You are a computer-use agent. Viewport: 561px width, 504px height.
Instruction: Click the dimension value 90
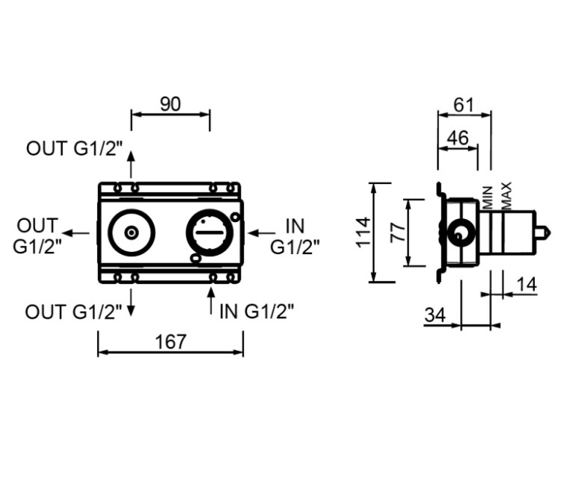tap(171, 105)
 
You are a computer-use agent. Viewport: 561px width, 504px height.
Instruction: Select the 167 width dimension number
tap(171, 342)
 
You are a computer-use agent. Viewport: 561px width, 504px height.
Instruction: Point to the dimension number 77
tap(398, 233)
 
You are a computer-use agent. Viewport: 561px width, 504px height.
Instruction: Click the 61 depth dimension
tap(465, 105)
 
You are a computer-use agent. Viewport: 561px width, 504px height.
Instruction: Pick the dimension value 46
tap(457, 138)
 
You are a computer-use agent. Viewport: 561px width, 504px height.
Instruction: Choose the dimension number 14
tap(527, 284)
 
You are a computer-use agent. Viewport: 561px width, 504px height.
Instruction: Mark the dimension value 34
tap(435, 315)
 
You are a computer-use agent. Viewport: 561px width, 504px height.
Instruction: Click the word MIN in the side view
tap(488, 197)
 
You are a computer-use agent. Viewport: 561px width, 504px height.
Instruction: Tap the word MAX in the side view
tap(506, 195)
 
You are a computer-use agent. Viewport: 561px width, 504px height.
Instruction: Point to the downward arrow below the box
tap(132, 302)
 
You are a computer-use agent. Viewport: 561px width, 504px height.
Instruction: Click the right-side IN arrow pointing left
tap(261, 233)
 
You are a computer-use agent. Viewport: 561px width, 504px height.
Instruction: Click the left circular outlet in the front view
tap(132, 233)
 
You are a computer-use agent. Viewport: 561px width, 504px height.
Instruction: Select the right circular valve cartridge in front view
tap(209, 233)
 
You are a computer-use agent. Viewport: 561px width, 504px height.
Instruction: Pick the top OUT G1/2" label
tap(74, 148)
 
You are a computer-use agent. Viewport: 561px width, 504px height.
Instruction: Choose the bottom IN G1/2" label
tap(257, 311)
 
